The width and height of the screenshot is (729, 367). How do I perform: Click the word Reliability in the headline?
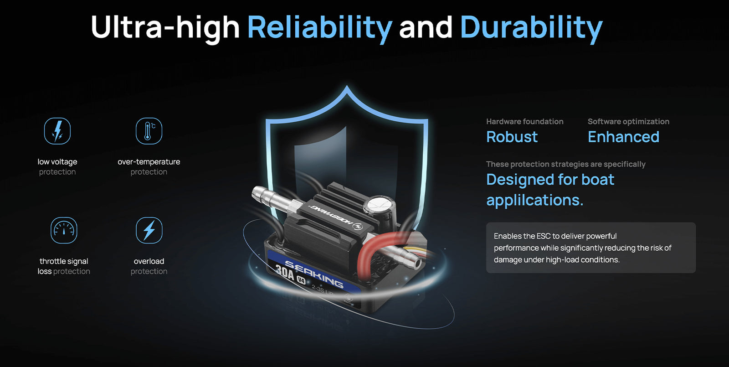(x=319, y=28)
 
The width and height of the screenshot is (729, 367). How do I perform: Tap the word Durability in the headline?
(x=531, y=28)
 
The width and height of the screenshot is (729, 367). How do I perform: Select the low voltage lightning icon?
(x=57, y=131)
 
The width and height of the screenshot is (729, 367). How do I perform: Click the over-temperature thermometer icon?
(x=149, y=131)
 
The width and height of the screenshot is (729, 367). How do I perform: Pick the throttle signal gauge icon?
(x=64, y=230)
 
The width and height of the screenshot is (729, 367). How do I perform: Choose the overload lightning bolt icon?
(x=149, y=230)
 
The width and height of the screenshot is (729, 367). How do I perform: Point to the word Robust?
(x=512, y=137)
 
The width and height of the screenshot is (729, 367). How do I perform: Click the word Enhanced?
(x=624, y=137)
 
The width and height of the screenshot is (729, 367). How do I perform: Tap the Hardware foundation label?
(x=524, y=121)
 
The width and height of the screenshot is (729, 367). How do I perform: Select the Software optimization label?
(x=628, y=121)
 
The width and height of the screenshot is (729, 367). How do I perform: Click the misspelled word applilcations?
(x=535, y=200)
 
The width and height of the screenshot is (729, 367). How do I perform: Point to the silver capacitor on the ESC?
(x=380, y=208)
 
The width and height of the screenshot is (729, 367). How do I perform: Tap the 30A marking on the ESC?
(x=285, y=274)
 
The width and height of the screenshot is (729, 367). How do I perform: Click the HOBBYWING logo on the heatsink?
(x=335, y=217)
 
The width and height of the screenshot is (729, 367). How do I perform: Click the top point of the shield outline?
(x=347, y=86)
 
